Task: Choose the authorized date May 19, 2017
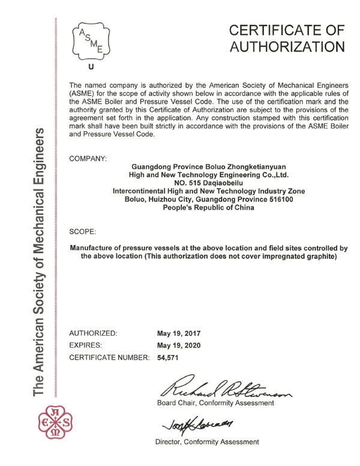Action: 178,333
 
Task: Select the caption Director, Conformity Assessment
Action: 207,442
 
